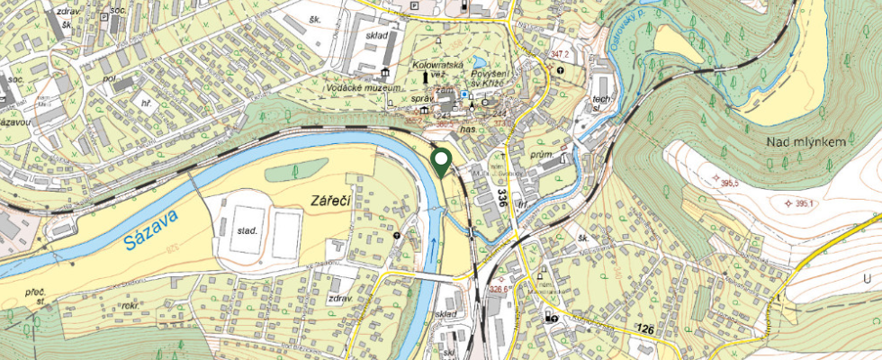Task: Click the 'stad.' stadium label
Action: pos(247,230)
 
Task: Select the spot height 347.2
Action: pos(562,55)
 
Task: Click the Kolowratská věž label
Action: pos(437,70)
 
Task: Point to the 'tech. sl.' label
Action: pos(601,102)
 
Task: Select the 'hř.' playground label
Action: pos(145,103)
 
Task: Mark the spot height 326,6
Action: pos(499,290)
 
